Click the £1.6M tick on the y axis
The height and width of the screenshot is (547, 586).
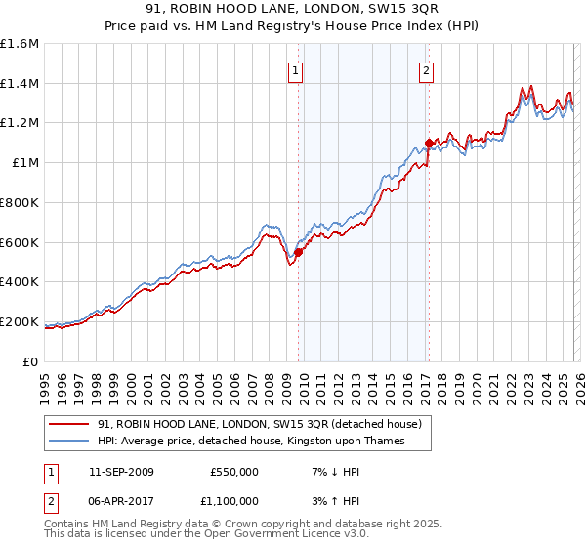pos(20,44)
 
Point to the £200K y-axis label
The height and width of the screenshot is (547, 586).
pos(20,321)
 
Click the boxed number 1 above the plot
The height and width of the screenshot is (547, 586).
pos(295,69)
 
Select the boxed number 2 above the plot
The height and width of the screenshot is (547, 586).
pos(427,69)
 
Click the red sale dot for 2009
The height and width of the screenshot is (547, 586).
pos(298,252)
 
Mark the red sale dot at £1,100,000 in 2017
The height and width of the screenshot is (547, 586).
pos(428,143)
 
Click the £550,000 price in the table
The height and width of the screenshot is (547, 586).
pos(233,472)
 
